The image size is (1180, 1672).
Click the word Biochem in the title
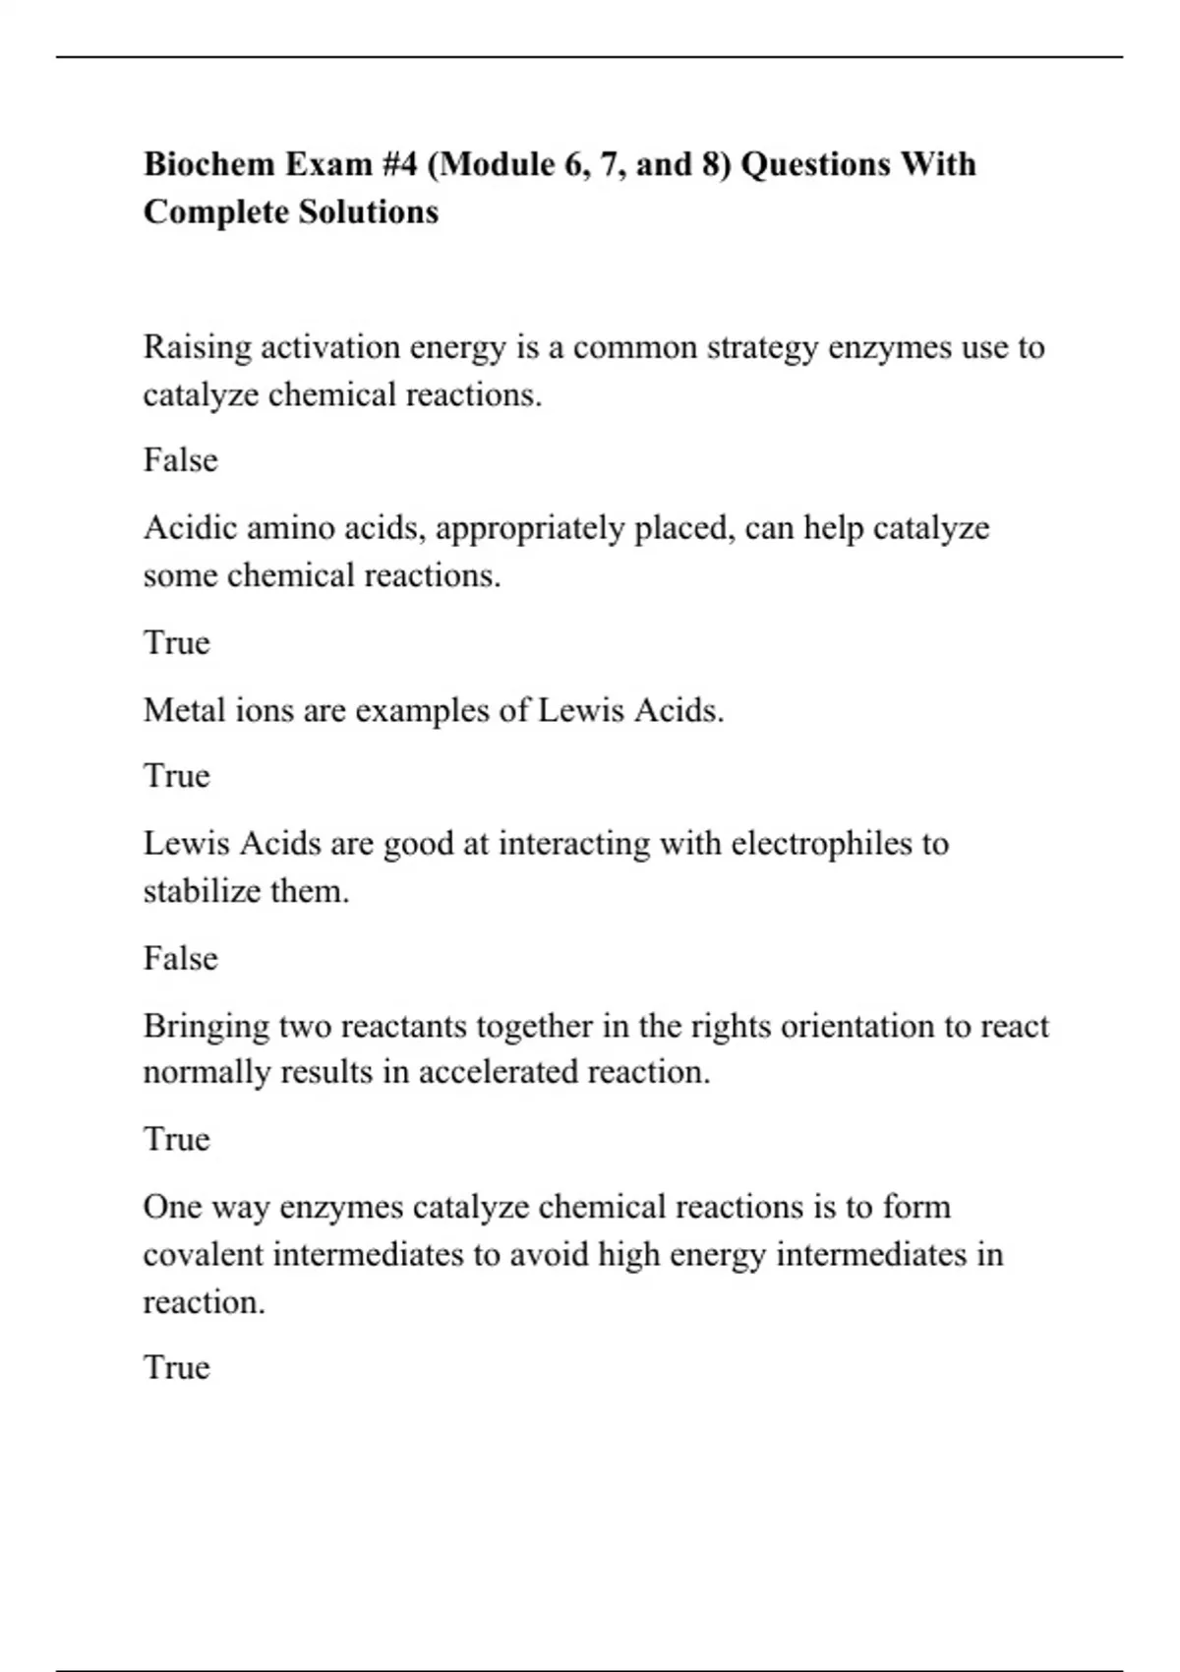(x=208, y=163)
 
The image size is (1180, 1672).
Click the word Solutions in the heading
(x=369, y=211)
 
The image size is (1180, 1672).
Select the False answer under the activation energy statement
(x=180, y=460)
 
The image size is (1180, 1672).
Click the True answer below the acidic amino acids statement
(x=177, y=642)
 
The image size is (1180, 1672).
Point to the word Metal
(x=185, y=709)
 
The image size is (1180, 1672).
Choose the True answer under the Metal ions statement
(x=177, y=776)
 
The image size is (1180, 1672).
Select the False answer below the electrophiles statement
(x=180, y=958)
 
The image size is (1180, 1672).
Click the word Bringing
(x=206, y=1027)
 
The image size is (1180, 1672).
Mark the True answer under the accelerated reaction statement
(x=177, y=1139)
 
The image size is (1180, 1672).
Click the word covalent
(x=203, y=1255)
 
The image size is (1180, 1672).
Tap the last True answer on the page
(x=177, y=1367)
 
